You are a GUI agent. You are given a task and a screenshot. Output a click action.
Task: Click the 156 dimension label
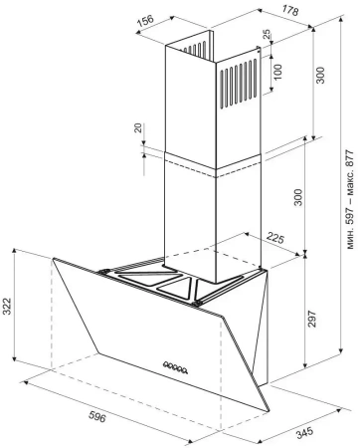[x=145, y=20]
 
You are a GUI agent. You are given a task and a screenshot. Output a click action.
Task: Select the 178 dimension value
[x=290, y=11]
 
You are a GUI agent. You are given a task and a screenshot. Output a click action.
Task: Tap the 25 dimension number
[x=267, y=34]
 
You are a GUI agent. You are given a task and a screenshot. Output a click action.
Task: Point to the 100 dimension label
[x=277, y=72]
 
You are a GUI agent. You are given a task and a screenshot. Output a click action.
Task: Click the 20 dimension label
[x=138, y=127]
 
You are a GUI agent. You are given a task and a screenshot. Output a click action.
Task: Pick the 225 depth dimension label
[x=275, y=238]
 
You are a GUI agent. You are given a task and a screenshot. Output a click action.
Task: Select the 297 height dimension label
[x=312, y=319]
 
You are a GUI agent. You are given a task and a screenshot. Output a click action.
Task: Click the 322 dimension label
[x=7, y=306]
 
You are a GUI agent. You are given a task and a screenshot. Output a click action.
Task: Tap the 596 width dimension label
[x=97, y=416]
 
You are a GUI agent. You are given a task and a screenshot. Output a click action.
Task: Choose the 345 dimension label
[x=304, y=433]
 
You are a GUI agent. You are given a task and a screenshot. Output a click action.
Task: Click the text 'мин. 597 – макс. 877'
[x=350, y=199]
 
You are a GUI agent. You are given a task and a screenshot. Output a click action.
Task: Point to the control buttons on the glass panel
[x=175, y=367]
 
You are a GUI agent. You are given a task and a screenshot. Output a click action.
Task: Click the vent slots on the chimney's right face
[x=239, y=84]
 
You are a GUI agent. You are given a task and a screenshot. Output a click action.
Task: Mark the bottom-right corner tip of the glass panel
[x=269, y=412]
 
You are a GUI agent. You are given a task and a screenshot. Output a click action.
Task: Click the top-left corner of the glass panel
[x=53, y=259]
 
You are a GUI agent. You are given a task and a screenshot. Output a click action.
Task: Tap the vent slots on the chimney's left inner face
[x=195, y=49]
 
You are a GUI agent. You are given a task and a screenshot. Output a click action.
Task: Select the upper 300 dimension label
[x=320, y=76]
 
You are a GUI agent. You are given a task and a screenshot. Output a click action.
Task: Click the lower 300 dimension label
[x=298, y=197]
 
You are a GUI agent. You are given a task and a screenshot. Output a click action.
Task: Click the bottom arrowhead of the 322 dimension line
[x=14, y=358]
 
